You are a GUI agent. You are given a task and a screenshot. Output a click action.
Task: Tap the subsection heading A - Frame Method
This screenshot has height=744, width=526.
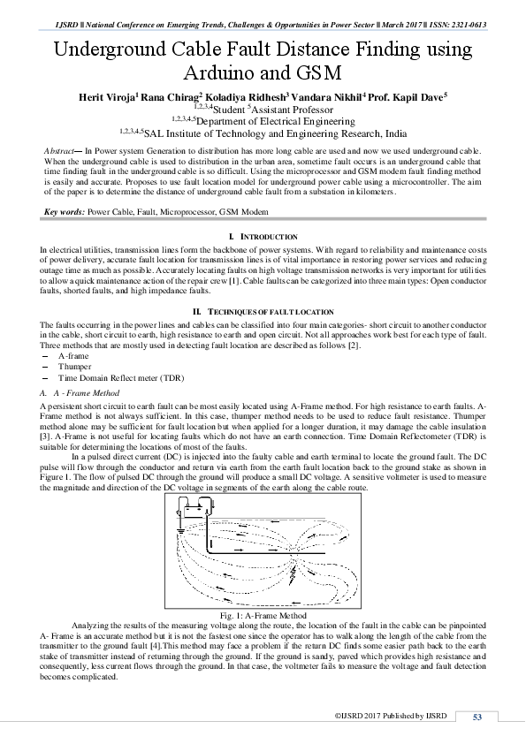tap(85, 392)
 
